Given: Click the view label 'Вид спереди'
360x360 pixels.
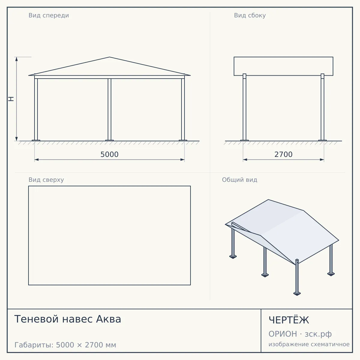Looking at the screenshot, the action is [49, 16].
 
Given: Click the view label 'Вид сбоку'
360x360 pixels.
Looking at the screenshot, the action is [250, 16].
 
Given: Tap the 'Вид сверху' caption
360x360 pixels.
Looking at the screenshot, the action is [46, 180].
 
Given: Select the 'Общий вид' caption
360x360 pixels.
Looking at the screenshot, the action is [239, 180].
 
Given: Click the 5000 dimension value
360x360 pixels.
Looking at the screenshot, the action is [109, 154].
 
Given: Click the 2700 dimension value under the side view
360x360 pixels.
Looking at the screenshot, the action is [283, 154].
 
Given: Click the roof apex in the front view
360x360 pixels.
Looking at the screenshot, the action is [109, 57].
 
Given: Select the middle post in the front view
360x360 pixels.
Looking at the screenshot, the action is [109, 109].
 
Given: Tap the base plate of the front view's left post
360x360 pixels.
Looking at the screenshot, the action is [36, 140].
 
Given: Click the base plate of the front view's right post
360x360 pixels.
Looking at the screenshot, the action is [183, 140].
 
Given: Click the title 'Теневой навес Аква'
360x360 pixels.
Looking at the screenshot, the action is [67, 319].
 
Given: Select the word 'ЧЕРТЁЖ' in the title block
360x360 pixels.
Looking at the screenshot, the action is [289, 320].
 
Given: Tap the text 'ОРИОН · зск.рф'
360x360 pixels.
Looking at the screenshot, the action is [300, 334].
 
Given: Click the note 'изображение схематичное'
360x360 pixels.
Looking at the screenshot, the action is [309, 344].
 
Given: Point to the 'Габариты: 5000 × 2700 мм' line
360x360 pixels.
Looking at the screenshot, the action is [65, 345].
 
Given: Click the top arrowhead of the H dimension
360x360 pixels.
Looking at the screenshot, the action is [16, 59].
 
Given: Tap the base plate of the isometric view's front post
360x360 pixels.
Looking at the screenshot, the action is [297, 294].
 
